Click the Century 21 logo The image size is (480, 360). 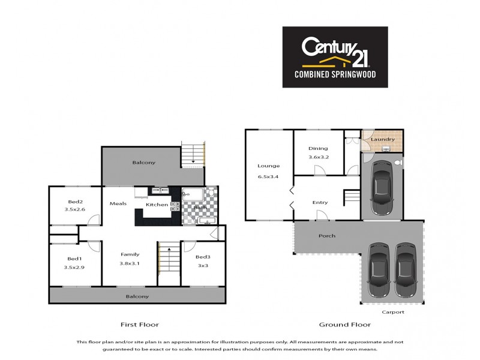point(335,56)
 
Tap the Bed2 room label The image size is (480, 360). point(75,201)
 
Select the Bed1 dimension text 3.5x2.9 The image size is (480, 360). point(75,267)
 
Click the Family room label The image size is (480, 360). point(130,254)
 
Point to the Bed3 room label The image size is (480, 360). point(203,257)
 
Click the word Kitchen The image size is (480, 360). point(157,205)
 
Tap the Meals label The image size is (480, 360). point(118,203)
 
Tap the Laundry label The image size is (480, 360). point(382,140)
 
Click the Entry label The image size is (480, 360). point(320,202)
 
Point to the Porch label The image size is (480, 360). point(327,235)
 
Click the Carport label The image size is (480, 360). point(394,312)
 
